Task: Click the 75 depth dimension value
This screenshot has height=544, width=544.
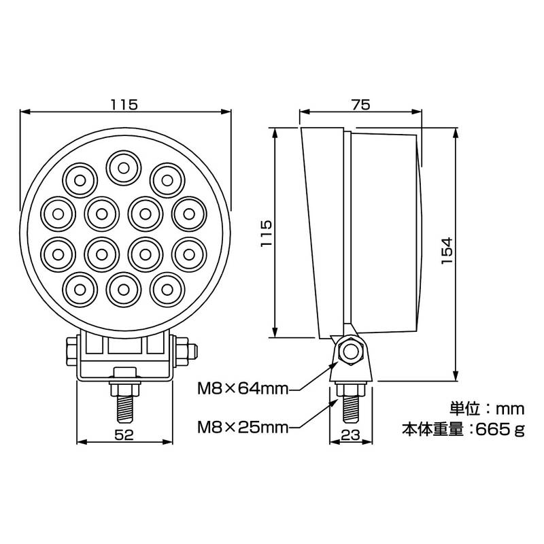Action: coord(361,105)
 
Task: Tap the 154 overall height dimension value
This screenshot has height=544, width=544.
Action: coord(447,250)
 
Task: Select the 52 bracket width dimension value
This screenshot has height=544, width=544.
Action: coord(124,435)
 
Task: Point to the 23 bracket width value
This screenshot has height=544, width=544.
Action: coord(350,435)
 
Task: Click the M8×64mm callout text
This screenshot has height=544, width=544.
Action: coord(243,389)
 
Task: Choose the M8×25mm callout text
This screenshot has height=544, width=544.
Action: coord(243,428)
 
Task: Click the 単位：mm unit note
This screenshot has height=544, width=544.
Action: coord(487,409)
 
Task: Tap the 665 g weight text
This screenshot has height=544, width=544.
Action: coord(500,430)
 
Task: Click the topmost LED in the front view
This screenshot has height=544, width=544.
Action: coord(124,168)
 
